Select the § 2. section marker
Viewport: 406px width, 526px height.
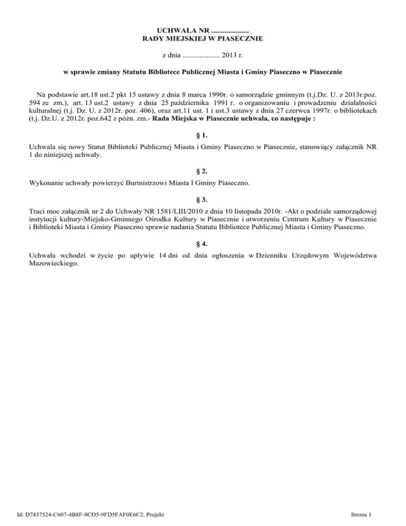[x=203, y=172]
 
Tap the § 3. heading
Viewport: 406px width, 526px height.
[x=203, y=199]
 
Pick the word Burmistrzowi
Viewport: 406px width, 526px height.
[x=135, y=183]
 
